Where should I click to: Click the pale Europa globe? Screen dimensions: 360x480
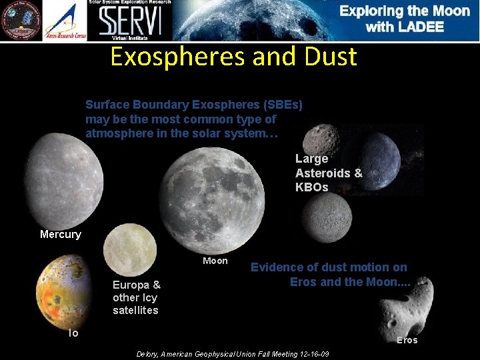click(129, 249)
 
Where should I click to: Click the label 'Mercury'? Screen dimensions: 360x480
click(60, 234)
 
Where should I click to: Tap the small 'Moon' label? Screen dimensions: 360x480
click(215, 261)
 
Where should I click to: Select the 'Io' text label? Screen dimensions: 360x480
click(73, 333)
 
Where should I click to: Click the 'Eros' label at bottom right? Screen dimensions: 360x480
click(407, 340)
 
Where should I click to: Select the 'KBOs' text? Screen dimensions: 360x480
click(312, 187)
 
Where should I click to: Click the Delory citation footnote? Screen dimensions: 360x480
click(232, 354)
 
